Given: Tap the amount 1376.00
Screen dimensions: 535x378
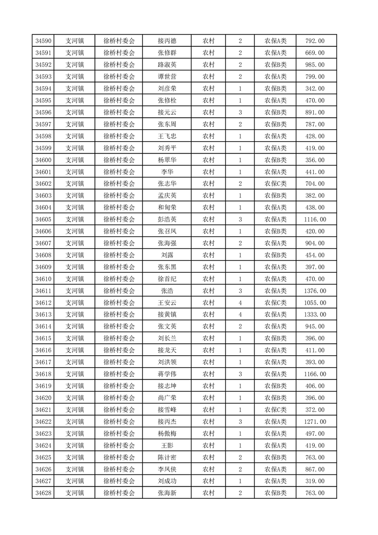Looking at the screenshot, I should click(315, 291).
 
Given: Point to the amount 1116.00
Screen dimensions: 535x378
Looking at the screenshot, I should click(315, 219).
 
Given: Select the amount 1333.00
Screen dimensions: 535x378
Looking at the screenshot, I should click(315, 315).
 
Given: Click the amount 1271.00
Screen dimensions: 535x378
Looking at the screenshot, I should click(315, 422).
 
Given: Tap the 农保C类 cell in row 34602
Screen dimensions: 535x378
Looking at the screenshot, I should click(276, 184).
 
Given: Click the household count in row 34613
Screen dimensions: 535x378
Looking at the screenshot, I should click(240, 315).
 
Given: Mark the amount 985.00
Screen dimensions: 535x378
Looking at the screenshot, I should click(315, 65).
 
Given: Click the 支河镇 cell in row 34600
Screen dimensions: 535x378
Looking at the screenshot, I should click(74, 160).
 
